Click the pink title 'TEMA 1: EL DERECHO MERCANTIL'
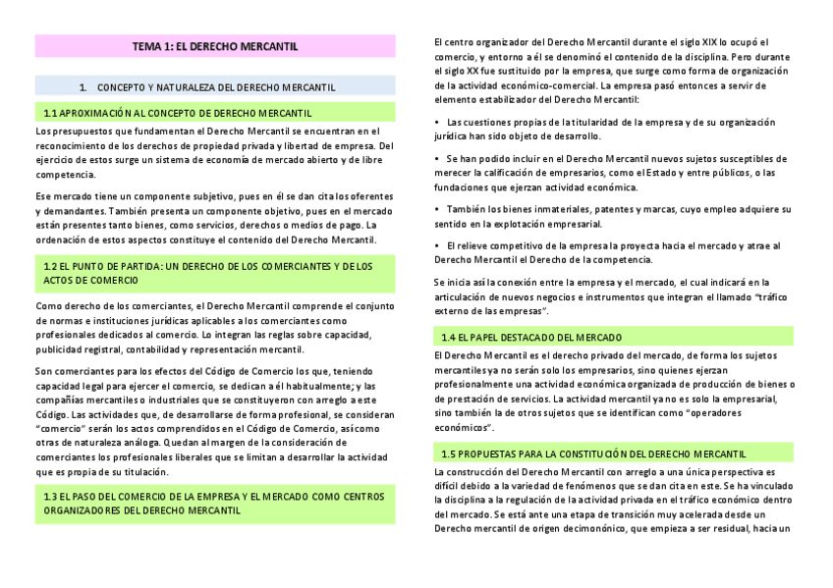point(215,46)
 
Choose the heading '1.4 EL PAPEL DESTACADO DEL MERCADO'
point(530,337)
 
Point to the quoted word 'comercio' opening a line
point(58,430)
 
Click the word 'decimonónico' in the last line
point(564,528)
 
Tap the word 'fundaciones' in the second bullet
point(463,187)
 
